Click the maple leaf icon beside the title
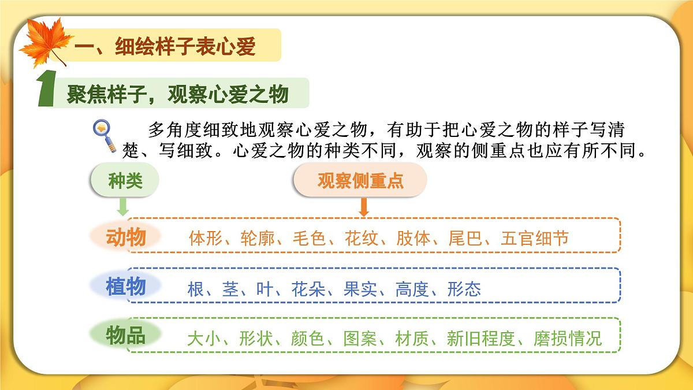[x=45, y=42]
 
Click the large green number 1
[x=46, y=91]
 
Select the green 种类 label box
[x=125, y=181]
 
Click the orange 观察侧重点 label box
[x=360, y=181]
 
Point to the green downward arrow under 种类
[x=122, y=206]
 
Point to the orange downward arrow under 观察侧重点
[x=363, y=207]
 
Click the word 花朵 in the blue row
[x=308, y=289]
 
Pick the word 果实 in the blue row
[x=360, y=289]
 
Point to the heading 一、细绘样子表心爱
[x=165, y=46]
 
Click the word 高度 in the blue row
[x=412, y=289]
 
